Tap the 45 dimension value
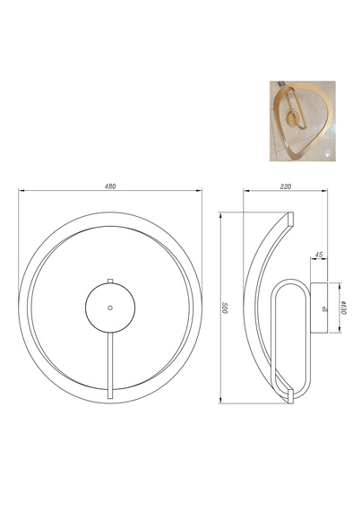click(x=320, y=255)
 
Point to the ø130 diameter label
click(x=345, y=307)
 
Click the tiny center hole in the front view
click(x=110, y=307)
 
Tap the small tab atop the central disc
click(x=110, y=281)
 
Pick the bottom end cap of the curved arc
click(x=291, y=396)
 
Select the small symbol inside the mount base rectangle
click(x=322, y=307)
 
